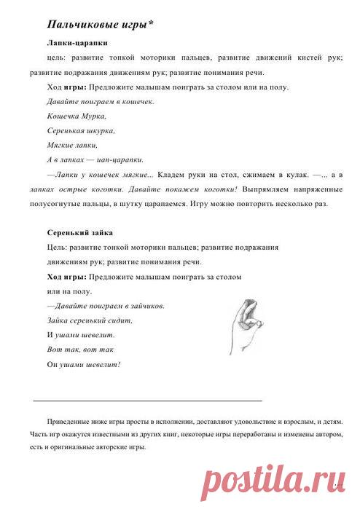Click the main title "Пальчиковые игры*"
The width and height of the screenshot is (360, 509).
(99, 25)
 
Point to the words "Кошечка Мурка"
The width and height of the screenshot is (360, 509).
(76, 116)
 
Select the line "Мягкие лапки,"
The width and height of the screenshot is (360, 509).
(71, 145)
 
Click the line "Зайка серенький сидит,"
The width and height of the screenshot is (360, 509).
(89, 320)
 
